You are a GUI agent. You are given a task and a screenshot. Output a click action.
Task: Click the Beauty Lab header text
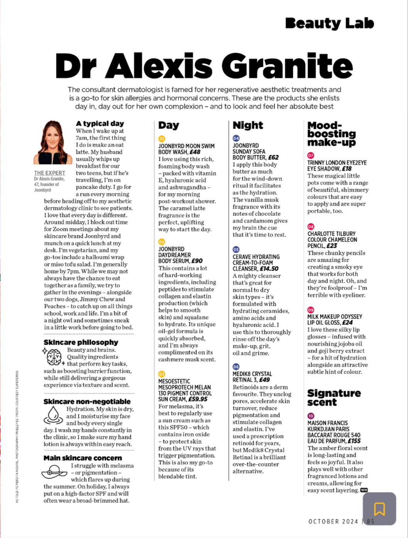point(329,23)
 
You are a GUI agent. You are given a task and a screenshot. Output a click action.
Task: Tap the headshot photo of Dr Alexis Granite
point(52,142)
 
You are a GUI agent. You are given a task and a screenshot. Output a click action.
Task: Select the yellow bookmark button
point(379,509)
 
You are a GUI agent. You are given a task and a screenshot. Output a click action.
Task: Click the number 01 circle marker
point(162,139)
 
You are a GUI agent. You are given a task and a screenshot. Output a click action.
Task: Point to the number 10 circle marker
point(311,416)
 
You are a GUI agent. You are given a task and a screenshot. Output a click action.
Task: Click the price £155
point(354,441)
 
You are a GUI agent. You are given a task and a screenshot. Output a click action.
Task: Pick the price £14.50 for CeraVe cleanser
point(269,269)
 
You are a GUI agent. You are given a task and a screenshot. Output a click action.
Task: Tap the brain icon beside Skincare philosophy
point(54,357)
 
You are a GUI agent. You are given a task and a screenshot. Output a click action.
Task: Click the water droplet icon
point(53,415)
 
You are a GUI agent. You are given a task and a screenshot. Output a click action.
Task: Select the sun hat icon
point(54,472)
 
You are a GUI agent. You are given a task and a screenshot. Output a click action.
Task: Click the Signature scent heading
point(334,398)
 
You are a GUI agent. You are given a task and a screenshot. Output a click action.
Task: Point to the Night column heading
point(248,125)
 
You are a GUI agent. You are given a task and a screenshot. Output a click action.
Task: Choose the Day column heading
point(169,125)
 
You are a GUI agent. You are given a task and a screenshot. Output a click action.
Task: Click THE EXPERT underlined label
point(49,173)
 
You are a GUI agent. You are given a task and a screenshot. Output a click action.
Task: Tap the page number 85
point(370,521)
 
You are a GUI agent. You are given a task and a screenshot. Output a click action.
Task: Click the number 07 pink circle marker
point(311,156)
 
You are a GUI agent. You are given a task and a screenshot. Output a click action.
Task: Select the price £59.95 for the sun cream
point(198,399)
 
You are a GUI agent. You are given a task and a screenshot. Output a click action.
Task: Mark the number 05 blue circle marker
point(236,250)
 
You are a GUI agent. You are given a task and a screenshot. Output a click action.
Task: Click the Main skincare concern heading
point(83,458)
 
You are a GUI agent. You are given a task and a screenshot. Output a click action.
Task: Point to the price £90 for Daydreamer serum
point(197,261)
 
